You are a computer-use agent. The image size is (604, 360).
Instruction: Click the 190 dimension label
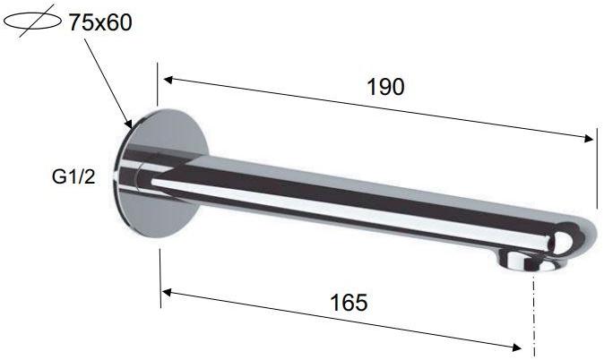[385, 87]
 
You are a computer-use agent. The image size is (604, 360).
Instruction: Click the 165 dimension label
[349, 303]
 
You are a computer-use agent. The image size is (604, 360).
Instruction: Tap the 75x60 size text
[100, 22]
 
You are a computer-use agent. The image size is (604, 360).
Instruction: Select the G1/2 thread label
[73, 177]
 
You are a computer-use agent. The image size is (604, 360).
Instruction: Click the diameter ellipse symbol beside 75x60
[32, 21]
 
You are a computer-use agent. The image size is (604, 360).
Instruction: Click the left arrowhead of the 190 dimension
[168, 80]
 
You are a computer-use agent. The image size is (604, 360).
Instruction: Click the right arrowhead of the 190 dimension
[588, 139]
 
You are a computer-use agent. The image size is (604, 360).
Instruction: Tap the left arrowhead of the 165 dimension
[167, 293]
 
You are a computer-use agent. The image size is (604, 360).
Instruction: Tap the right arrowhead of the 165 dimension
[516, 347]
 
